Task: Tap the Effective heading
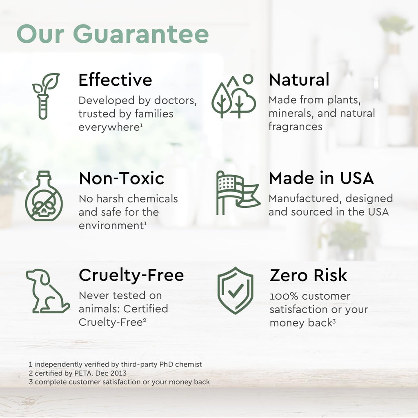tap(115, 80)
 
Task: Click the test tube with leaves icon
tap(45, 96)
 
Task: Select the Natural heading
tap(299, 80)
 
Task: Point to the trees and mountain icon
tap(233, 96)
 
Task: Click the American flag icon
tap(238, 193)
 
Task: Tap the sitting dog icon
tap(47, 291)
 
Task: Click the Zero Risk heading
tap(308, 275)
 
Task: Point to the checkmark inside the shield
tap(236, 291)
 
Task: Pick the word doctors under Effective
tap(175, 101)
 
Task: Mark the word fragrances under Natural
tap(296, 127)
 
